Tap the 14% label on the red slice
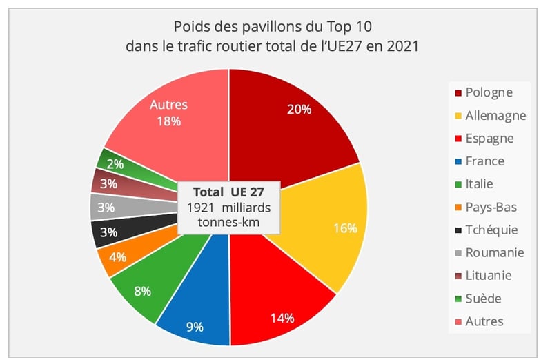pyautogui.click(x=282, y=318)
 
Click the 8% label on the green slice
pyautogui.click(x=143, y=291)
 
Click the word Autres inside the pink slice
pyautogui.click(x=168, y=105)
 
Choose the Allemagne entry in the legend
pyautogui.click(x=495, y=116)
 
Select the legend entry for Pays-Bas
pyautogui.click(x=491, y=207)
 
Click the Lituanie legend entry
pyautogui.click(x=489, y=276)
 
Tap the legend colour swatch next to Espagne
pyautogui.click(x=458, y=139)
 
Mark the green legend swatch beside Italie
pyautogui.click(x=458, y=184)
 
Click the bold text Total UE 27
pyautogui.click(x=228, y=192)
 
